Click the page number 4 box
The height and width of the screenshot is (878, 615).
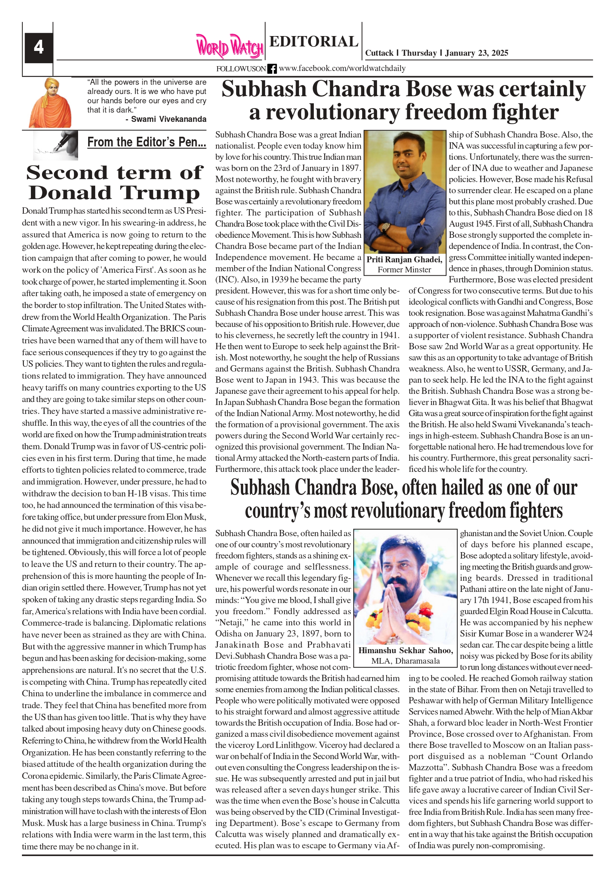(x=39, y=48)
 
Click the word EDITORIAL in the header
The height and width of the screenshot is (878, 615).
(x=313, y=41)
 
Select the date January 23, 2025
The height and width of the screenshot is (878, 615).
(x=476, y=53)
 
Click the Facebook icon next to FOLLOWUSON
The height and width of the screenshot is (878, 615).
(x=272, y=69)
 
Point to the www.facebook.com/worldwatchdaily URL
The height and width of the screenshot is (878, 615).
(x=342, y=68)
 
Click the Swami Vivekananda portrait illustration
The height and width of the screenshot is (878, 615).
(x=50, y=103)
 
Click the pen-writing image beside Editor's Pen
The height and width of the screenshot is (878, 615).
(x=55, y=145)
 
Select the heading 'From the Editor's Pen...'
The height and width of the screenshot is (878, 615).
(x=146, y=142)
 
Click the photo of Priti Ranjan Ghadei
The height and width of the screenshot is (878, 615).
(x=405, y=191)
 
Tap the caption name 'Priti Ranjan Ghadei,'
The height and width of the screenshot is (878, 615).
(x=405, y=260)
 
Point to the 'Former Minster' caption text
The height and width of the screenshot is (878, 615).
(x=405, y=270)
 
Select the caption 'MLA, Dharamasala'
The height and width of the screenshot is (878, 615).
(x=405, y=661)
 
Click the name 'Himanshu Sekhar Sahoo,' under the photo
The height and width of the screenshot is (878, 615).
(x=405, y=651)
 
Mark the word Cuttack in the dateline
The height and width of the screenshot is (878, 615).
(x=379, y=53)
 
